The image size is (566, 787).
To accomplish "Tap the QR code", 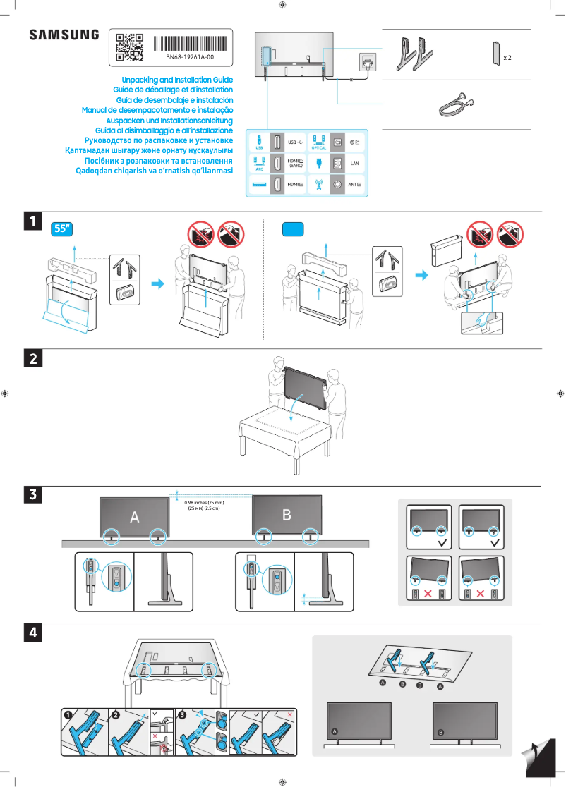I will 129,46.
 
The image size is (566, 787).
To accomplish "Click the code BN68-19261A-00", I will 190,56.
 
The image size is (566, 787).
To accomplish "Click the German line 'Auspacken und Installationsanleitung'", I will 164,121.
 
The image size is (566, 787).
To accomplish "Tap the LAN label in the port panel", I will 355,163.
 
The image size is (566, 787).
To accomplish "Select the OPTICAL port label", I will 318,147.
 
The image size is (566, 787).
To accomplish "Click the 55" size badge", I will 63,228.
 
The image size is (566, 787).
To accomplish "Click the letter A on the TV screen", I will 134,517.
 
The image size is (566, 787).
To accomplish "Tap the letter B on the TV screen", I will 287,515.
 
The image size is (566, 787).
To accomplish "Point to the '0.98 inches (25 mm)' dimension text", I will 204,502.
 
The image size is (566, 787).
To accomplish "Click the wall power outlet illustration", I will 368,62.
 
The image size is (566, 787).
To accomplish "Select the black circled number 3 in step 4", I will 182,715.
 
